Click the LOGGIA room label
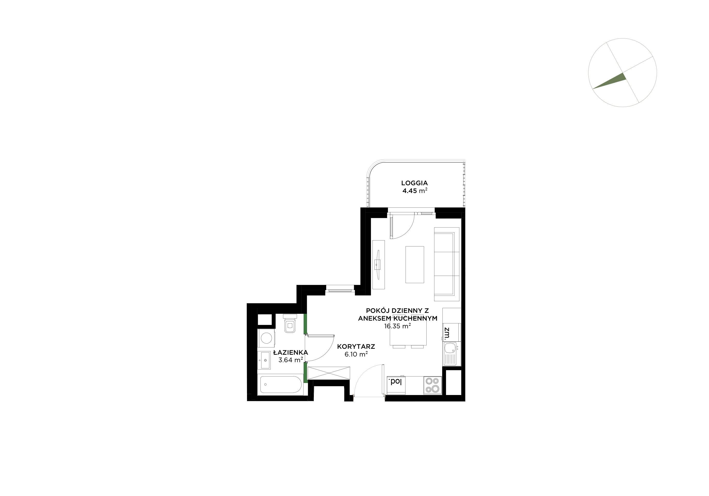tap(415, 183)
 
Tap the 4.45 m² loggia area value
tap(415, 191)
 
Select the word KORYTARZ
tap(356, 346)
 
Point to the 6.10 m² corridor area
tap(356, 354)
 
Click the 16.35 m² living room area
tap(397, 326)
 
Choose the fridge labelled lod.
tap(396, 385)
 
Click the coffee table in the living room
tap(415, 264)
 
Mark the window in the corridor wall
tap(340, 290)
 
